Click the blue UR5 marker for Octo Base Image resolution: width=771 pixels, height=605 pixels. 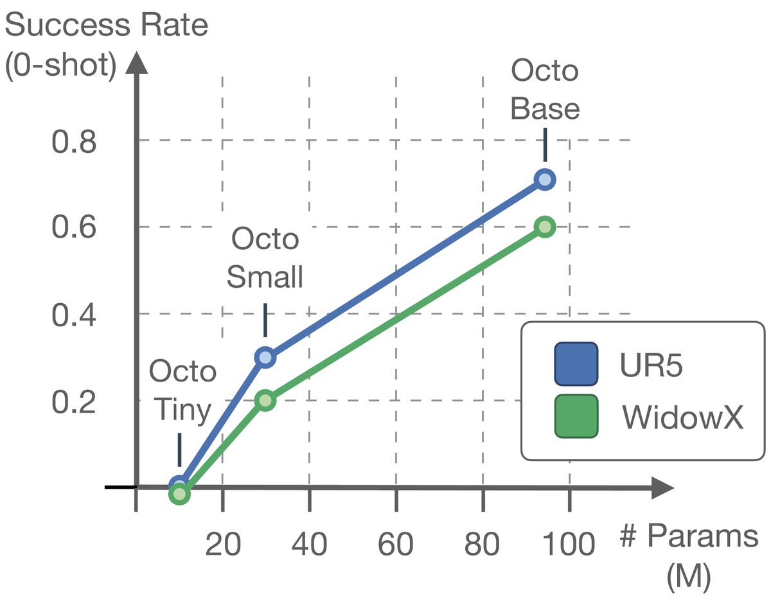click(545, 179)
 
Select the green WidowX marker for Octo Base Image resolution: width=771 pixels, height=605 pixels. click(545, 227)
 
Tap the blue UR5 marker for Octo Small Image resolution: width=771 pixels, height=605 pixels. click(265, 357)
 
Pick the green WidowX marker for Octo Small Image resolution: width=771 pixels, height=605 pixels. click(265, 400)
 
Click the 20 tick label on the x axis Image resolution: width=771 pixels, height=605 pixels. click(222, 545)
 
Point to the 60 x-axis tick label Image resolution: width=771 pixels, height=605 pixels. click(396, 545)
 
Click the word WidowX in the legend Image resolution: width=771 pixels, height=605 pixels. click(683, 417)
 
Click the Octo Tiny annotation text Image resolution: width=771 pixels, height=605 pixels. click(182, 391)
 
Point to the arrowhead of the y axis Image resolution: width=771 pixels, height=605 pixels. click(136, 64)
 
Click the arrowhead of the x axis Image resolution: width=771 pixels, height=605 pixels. click(662, 487)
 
